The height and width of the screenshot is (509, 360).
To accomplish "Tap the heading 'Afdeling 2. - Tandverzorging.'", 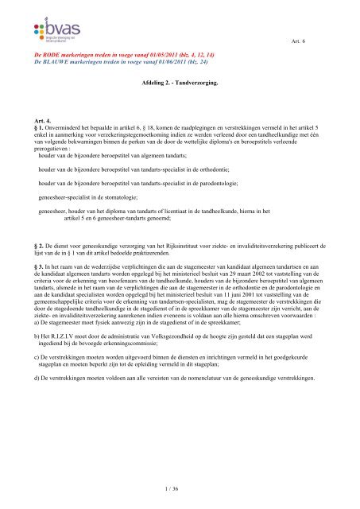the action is tap(180, 81).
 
